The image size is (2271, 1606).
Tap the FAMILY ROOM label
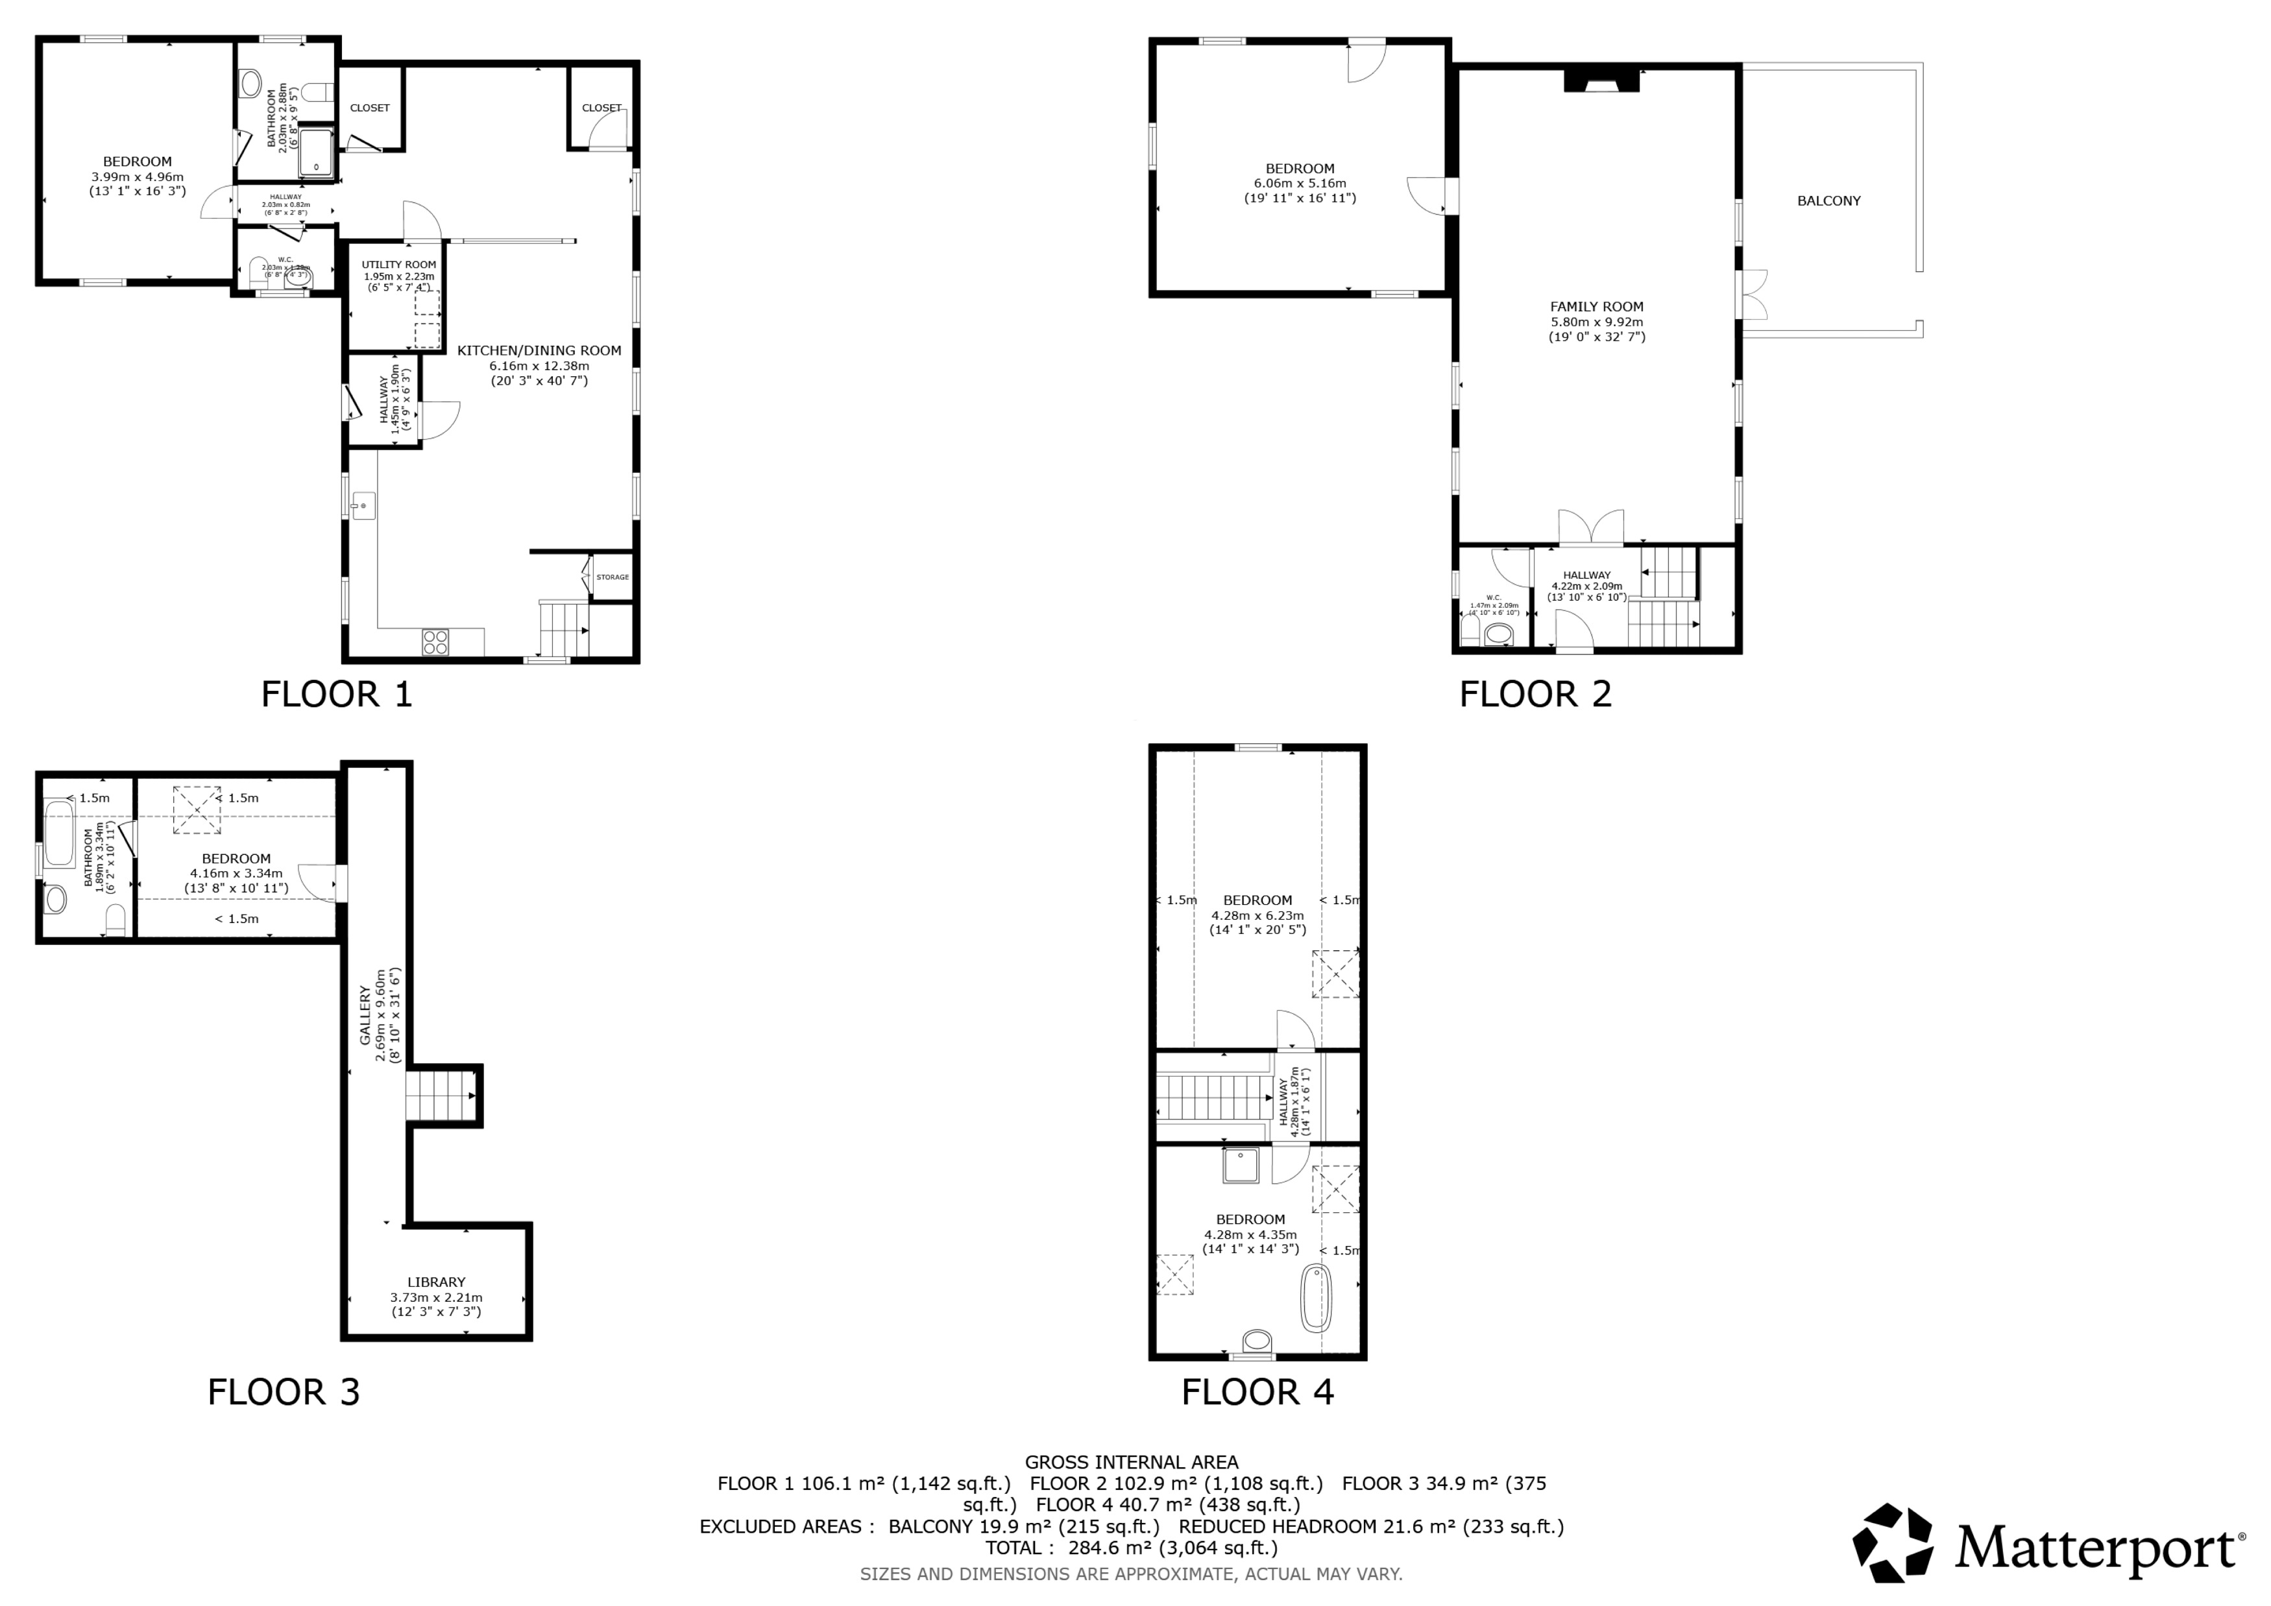pos(1596,307)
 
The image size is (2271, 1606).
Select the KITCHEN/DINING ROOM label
pos(539,350)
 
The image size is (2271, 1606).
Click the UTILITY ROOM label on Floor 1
pos(398,264)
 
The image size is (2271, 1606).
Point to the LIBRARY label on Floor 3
pos(436,1282)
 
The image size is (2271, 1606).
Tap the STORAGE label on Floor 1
pos(613,577)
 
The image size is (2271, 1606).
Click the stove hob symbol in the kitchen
pos(435,641)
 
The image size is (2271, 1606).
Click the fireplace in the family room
pos(1601,81)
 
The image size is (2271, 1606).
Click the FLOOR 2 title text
pos(1535,694)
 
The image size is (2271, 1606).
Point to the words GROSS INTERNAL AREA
pos(1130,1461)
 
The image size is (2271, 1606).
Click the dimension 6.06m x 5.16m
pos(1300,183)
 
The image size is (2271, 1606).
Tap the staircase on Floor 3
pos(440,1095)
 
